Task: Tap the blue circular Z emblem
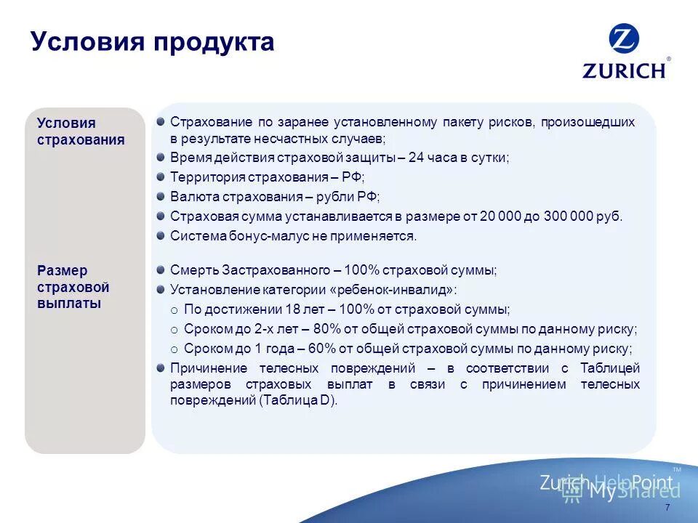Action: tap(624, 40)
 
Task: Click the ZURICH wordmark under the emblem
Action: tap(624, 70)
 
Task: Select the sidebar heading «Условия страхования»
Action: tap(81, 131)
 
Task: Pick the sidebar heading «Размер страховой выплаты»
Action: tap(73, 287)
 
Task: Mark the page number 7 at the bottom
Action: tap(667, 508)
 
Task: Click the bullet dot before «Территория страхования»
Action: tap(160, 177)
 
